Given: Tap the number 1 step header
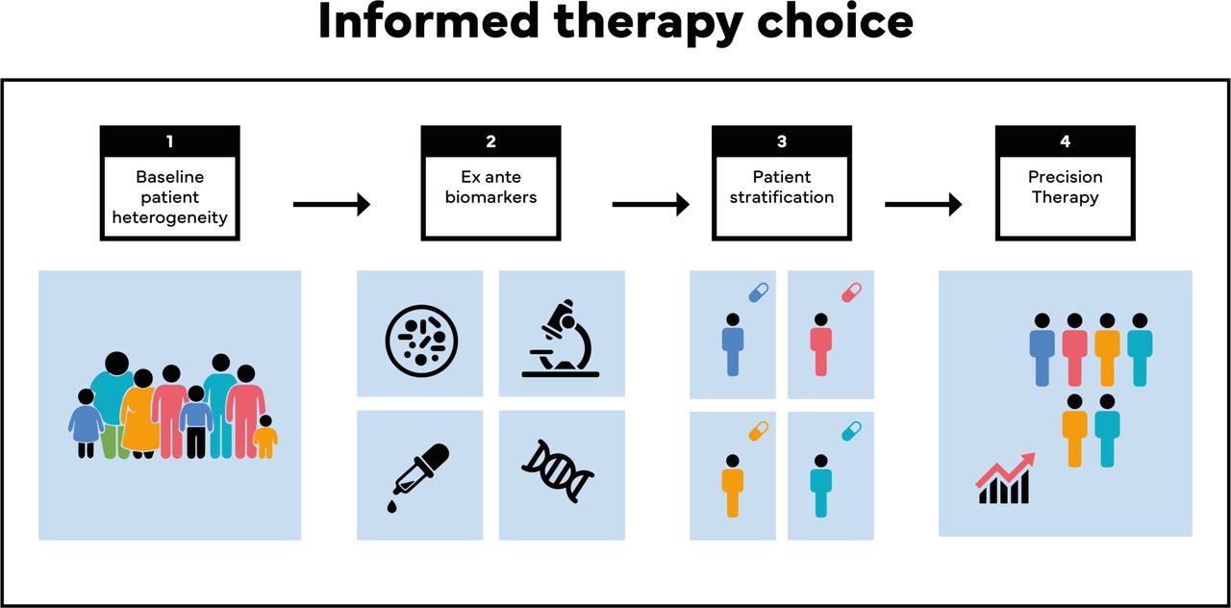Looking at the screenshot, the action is point(170,141).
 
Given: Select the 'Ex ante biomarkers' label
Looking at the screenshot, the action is point(490,187).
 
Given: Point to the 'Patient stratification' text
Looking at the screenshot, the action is point(782,187).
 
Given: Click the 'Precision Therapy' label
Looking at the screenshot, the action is point(1065,187).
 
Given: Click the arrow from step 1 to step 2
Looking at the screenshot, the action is point(332,205).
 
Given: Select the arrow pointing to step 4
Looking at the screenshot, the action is point(923,205).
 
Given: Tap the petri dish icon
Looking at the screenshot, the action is point(421,341).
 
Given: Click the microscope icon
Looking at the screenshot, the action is point(561,338).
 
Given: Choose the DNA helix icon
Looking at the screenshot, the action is point(558,471).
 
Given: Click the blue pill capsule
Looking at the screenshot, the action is point(759,292).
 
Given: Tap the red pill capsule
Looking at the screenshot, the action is point(851,292).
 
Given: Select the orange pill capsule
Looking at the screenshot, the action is point(759,431).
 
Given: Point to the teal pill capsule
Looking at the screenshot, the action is point(851,431).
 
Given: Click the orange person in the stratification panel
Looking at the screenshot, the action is point(733,486).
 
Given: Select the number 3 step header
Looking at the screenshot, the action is point(782,141).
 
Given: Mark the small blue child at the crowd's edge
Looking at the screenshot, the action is point(86,423).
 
